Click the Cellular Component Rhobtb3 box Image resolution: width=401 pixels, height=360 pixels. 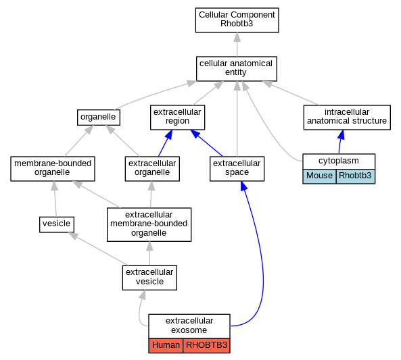237,20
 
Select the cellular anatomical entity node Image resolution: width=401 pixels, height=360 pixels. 236,69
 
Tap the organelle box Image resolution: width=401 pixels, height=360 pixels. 99,118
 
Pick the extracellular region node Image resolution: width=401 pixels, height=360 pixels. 177,118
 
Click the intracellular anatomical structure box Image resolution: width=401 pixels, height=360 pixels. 347,118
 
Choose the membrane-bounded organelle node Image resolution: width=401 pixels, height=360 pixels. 53,169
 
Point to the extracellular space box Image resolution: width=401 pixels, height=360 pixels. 237,169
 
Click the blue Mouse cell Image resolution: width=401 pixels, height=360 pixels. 319,176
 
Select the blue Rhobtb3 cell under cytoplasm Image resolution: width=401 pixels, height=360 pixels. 356,176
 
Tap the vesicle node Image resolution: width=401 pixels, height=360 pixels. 57,225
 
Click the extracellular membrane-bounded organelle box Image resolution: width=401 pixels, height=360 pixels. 149,224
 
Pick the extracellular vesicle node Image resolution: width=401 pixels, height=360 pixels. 149,278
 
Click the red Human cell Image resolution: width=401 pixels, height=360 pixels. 166,346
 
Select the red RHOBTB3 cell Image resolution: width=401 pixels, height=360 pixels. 206,346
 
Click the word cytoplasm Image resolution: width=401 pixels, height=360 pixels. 339,161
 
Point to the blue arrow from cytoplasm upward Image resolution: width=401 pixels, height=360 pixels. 341,142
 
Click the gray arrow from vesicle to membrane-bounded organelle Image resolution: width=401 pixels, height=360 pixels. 55,199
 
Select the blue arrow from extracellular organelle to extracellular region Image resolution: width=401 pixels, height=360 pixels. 165,143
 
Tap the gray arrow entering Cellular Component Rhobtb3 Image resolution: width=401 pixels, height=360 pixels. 237,45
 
